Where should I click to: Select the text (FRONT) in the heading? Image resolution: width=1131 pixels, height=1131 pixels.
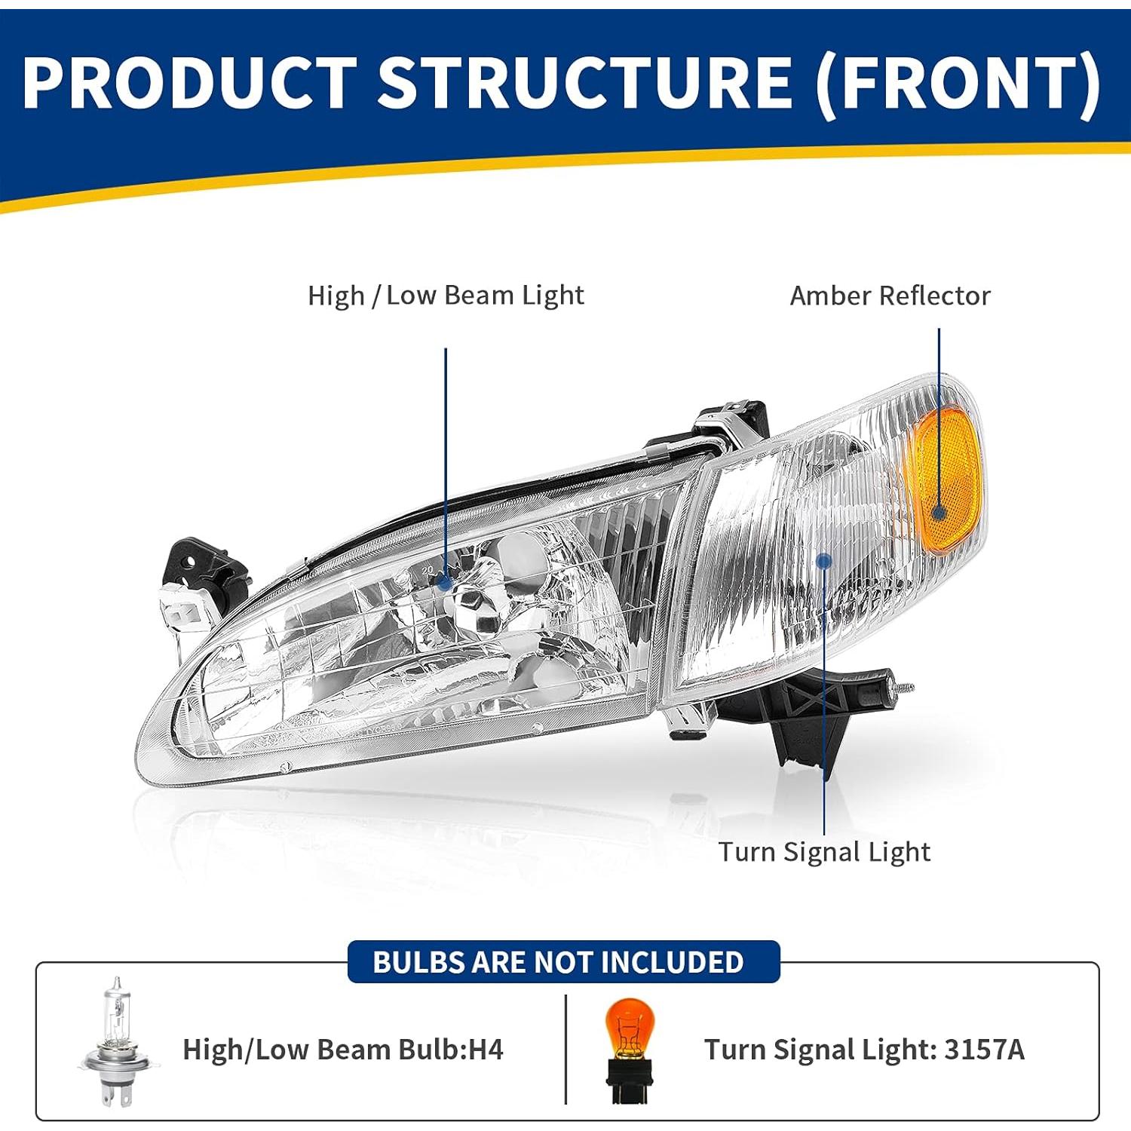click(958, 83)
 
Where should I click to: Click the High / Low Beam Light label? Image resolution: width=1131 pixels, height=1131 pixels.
click(446, 296)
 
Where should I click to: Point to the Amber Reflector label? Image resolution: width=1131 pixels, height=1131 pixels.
click(890, 296)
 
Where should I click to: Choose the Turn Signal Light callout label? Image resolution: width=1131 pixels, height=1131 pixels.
click(823, 852)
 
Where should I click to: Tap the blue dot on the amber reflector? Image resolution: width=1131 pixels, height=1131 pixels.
click(939, 513)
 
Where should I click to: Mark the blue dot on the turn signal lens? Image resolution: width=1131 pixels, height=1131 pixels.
click(824, 561)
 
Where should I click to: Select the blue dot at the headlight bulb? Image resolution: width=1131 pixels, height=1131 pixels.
click(445, 582)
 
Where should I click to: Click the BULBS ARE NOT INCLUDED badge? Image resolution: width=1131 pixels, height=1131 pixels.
click(562, 962)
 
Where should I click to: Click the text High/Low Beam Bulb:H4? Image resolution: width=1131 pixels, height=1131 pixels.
click(343, 1050)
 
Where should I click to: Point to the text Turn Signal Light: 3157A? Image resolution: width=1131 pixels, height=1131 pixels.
click(864, 1050)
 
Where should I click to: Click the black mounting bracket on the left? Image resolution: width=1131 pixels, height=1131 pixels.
click(200, 569)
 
